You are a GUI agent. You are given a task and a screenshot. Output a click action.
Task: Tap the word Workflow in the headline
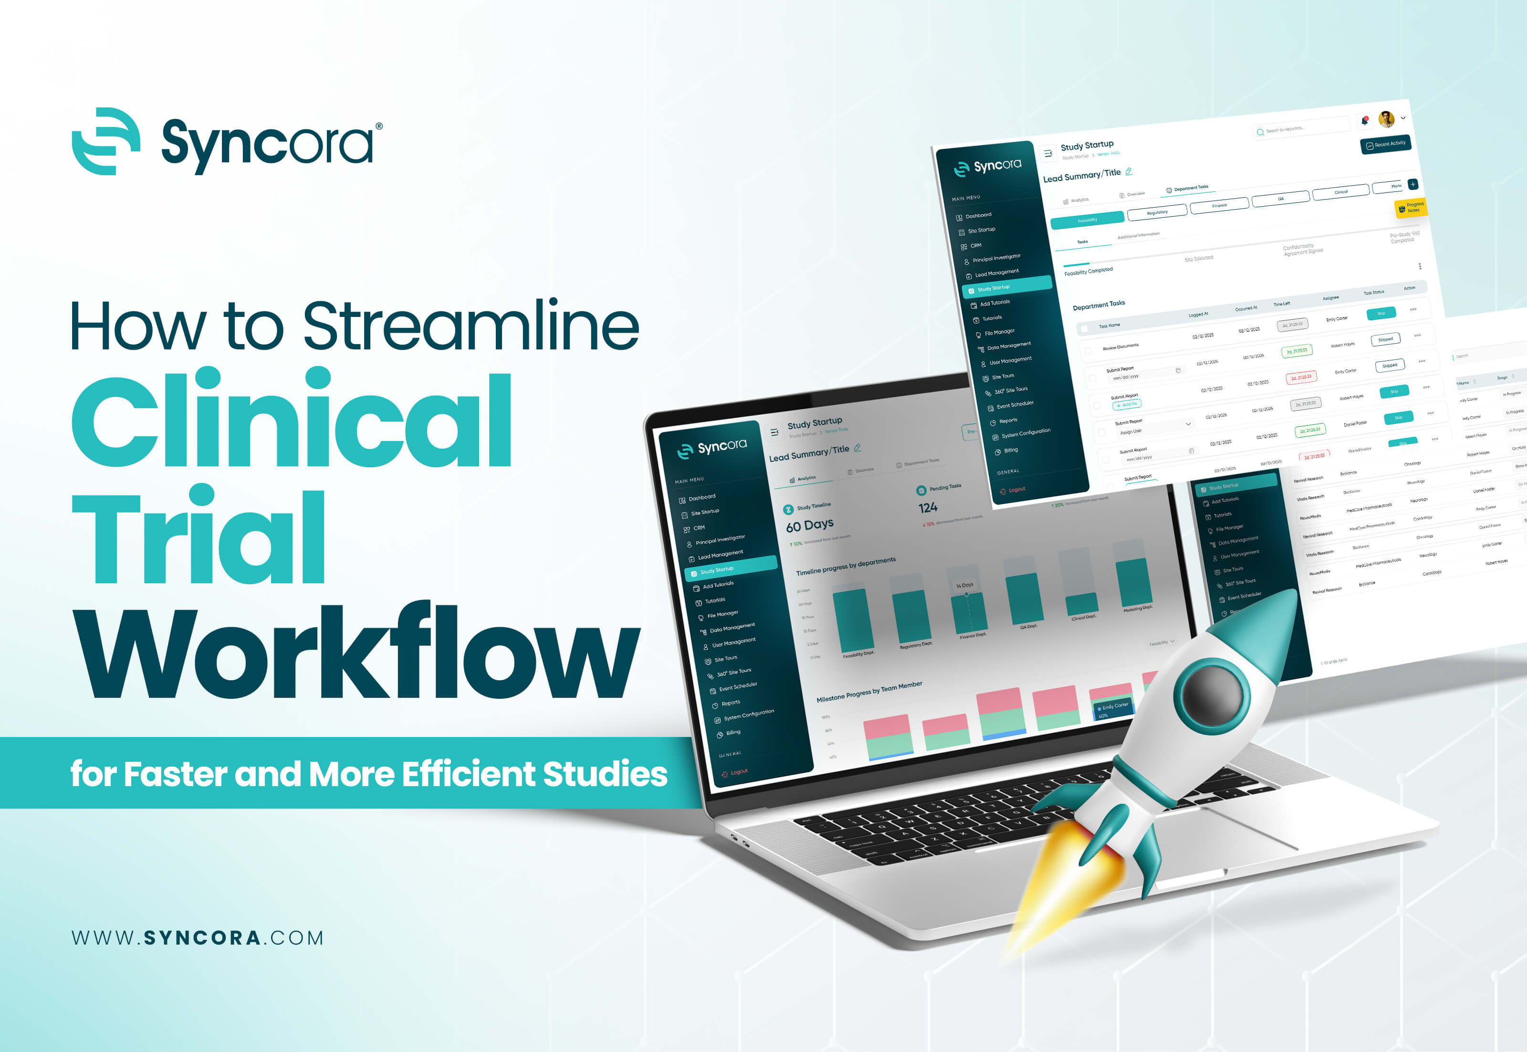[356, 652]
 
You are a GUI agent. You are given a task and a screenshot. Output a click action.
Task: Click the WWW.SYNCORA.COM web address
[197, 937]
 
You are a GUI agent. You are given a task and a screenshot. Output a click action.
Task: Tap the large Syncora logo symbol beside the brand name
[105, 141]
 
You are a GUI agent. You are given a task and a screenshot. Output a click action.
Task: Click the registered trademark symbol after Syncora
[378, 126]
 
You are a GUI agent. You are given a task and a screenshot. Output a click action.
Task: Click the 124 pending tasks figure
[928, 507]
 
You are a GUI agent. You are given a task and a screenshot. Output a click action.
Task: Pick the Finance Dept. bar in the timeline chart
[970, 612]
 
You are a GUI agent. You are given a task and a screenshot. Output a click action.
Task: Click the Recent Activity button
[1385, 144]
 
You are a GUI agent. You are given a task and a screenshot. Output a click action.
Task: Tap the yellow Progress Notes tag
[1411, 208]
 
